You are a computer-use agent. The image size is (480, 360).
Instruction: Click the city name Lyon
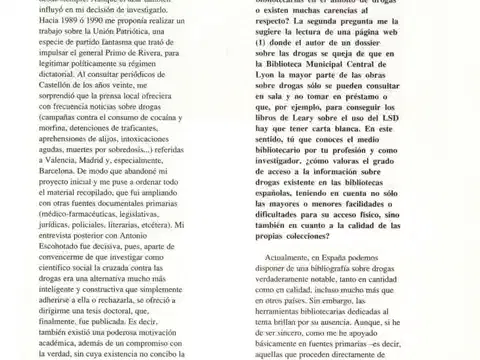pyautogui.click(x=274, y=104)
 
